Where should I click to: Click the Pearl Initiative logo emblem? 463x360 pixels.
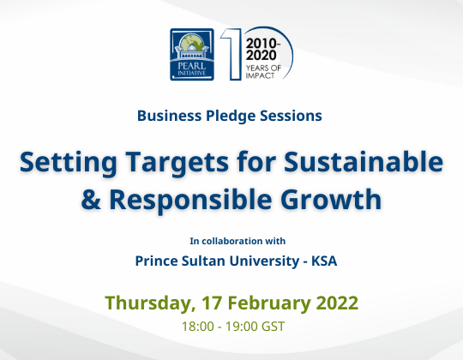(193, 53)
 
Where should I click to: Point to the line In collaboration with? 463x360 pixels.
(231, 240)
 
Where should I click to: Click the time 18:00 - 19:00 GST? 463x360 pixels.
(231, 327)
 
